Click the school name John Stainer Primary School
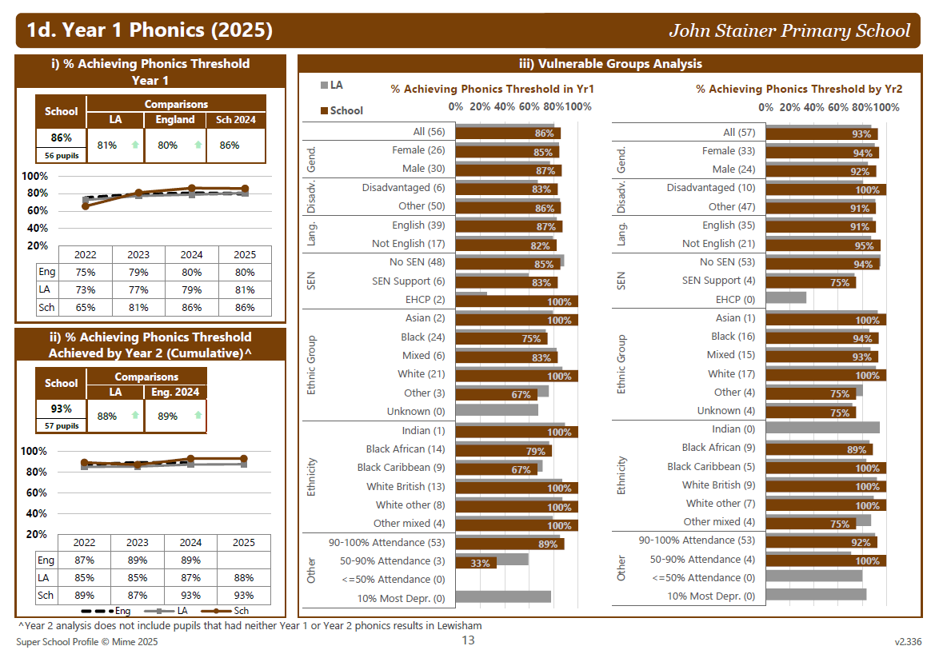[789, 31]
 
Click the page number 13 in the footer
[469, 640]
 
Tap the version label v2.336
[908, 641]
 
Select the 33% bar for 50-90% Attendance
[477, 563]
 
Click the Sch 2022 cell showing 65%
[86, 307]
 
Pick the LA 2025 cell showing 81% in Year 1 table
[244, 289]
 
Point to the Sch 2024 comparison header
[235, 120]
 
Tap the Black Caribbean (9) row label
[402, 468]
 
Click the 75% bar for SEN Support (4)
[811, 282]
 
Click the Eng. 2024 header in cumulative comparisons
[175, 392]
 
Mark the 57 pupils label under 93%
[62, 426]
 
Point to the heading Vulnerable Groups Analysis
[610, 64]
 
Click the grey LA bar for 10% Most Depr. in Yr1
[503, 596]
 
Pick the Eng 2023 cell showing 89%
[138, 560]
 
